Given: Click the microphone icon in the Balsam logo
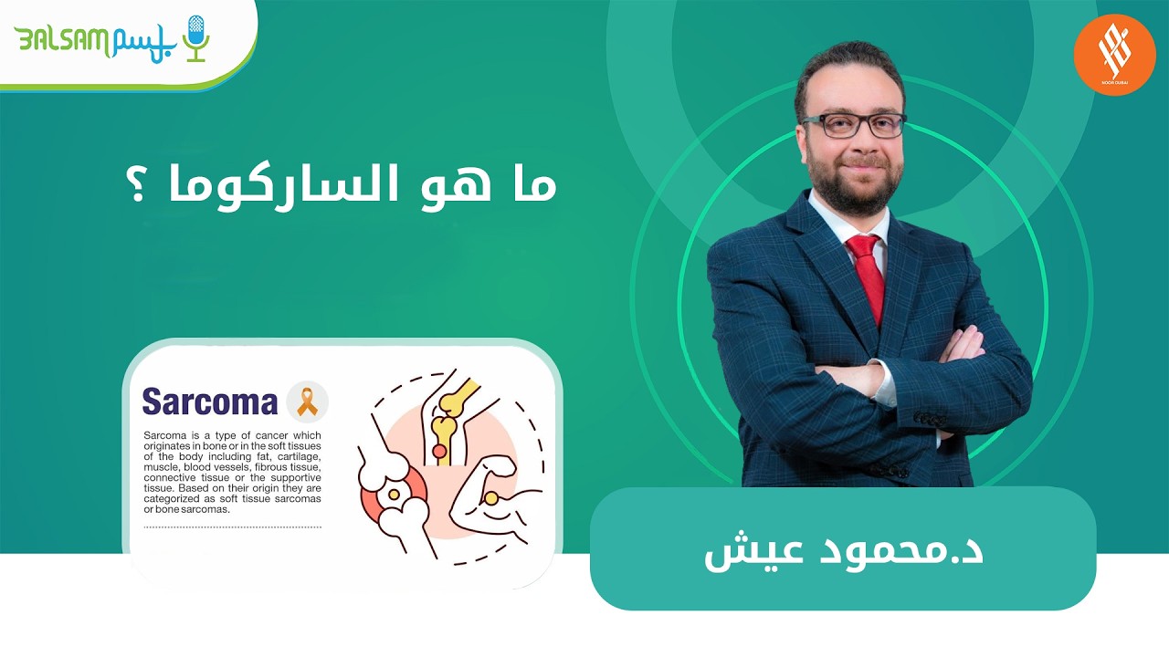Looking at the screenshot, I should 195,37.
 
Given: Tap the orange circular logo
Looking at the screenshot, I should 1114,54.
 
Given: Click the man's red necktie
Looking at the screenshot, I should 867,274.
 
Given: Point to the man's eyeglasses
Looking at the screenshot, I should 854,125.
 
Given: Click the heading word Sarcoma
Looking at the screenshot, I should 209,401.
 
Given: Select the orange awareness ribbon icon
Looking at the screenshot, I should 307,401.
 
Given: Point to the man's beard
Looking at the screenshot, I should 854,182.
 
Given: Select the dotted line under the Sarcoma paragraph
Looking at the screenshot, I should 232,527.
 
